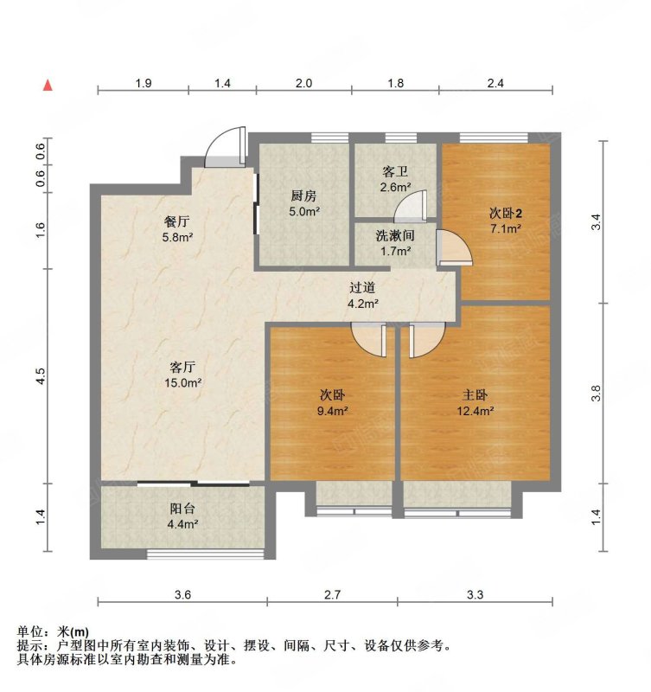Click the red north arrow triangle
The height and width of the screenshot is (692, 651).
pyautogui.click(x=48, y=86)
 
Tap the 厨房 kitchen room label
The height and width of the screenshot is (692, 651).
pyautogui.click(x=303, y=195)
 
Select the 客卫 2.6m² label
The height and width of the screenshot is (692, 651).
pyautogui.click(x=395, y=179)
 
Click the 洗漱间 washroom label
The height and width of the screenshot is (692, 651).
pyautogui.click(x=395, y=235)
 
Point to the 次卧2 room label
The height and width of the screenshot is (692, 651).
pyautogui.click(x=506, y=214)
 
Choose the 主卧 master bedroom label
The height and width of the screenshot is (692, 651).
pyautogui.click(x=475, y=394)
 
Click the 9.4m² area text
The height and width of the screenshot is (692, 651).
pyautogui.click(x=333, y=412)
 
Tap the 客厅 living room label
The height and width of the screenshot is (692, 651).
pyautogui.click(x=182, y=367)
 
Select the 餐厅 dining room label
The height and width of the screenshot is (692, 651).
pyautogui.click(x=177, y=221)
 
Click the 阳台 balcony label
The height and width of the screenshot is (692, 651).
pyautogui.click(x=182, y=509)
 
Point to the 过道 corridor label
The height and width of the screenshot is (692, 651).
pyautogui.click(x=362, y=288)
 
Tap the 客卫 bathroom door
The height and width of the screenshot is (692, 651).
pyautogui.click(x=411, y=206)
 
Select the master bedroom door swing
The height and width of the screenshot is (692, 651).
pyautogui.click(x=426, y=340)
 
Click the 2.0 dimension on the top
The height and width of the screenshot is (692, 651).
pyautogui.click(x=303, y=83)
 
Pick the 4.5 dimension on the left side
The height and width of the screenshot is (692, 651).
pyautogui.click(x=41, y=376)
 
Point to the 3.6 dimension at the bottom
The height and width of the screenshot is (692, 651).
pyautogui.click(x=182, y=595)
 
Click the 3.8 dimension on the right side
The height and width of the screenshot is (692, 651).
pyautogui.click(x=596, y=394)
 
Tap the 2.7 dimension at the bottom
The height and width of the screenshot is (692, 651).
pyautogui.click(x=333, y=595)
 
